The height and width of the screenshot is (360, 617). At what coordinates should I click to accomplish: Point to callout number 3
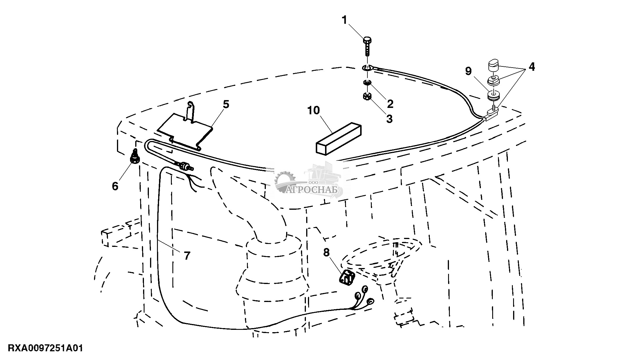tap(389, 119)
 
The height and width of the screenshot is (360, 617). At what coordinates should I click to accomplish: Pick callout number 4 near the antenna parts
tap(531, 67)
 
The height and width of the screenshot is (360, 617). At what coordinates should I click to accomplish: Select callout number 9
tap(469, 71)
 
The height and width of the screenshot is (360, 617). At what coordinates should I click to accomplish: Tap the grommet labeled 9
tap(493, 96)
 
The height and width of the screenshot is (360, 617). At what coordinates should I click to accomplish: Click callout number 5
tap(226, 104)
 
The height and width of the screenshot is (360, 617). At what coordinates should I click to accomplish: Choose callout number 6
tap(115, 186)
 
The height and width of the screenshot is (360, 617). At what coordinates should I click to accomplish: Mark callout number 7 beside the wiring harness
tap(187, 256)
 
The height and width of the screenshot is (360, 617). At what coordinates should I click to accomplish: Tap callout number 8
tap(326, 253)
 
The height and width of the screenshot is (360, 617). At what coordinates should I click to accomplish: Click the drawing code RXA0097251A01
tap(46, 348)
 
